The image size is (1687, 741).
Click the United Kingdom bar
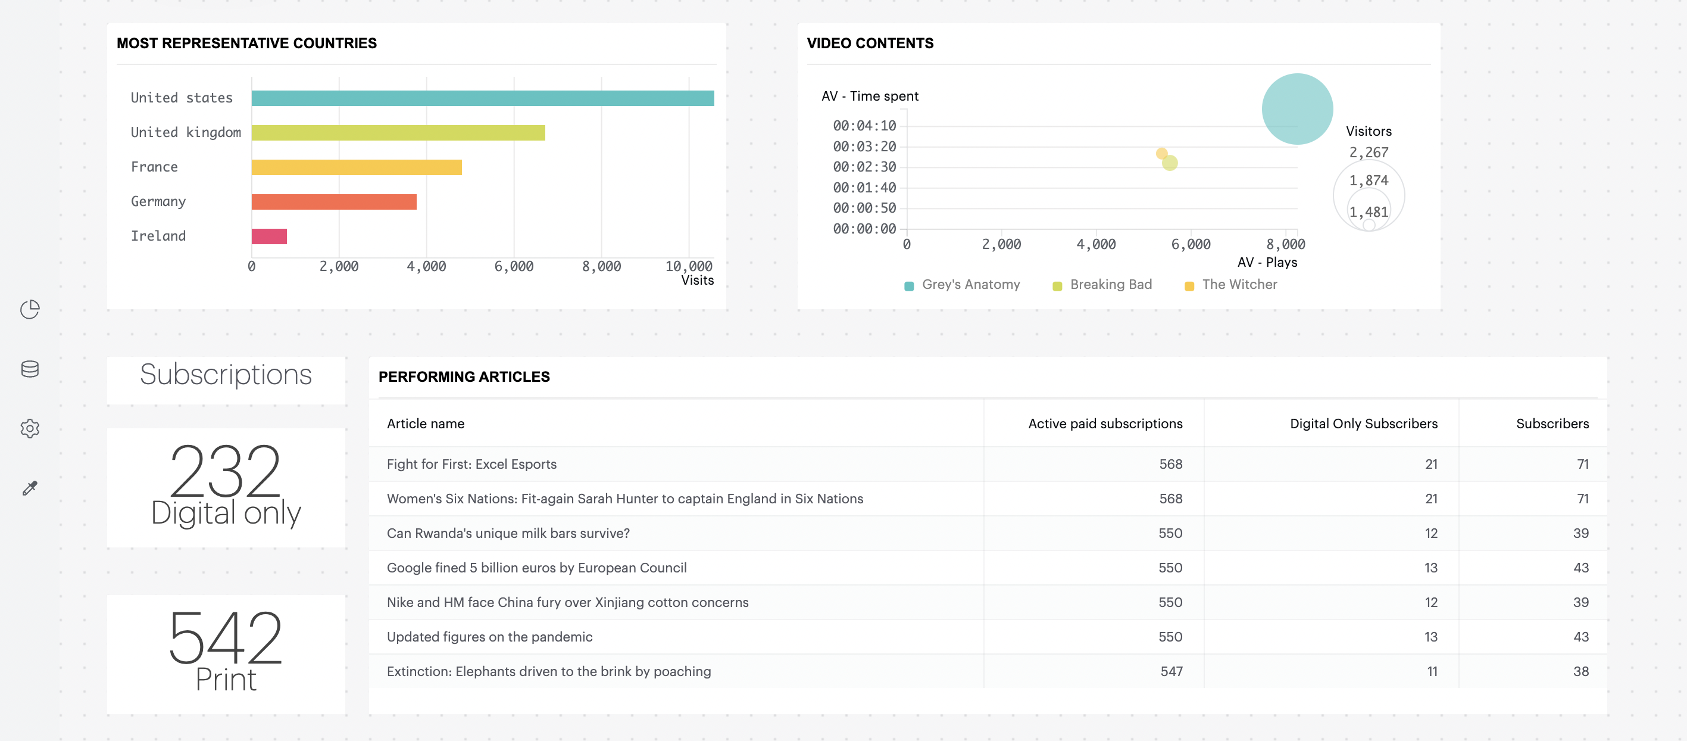(398, 133)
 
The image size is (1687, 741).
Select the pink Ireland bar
(268, 236)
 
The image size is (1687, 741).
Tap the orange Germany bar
(333, 202)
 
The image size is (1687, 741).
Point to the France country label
(154, 167)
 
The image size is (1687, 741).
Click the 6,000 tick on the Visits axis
(514, 267)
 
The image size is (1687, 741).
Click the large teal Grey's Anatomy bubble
(1297, 110)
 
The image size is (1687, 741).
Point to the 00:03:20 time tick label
(864, 147)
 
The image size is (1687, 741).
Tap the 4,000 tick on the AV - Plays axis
(1096, 244)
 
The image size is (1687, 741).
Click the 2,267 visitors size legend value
(1368, 152)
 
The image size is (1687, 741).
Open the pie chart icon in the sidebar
(30, 309)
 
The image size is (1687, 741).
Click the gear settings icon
(30, 428)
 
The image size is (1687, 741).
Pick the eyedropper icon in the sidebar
(30, 488)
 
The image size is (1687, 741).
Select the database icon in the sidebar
(30, 369)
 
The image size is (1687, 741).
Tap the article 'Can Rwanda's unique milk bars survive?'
(508, 533)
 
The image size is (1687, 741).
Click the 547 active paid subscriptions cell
(1171, 671)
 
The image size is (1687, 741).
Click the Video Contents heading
(870, 43)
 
